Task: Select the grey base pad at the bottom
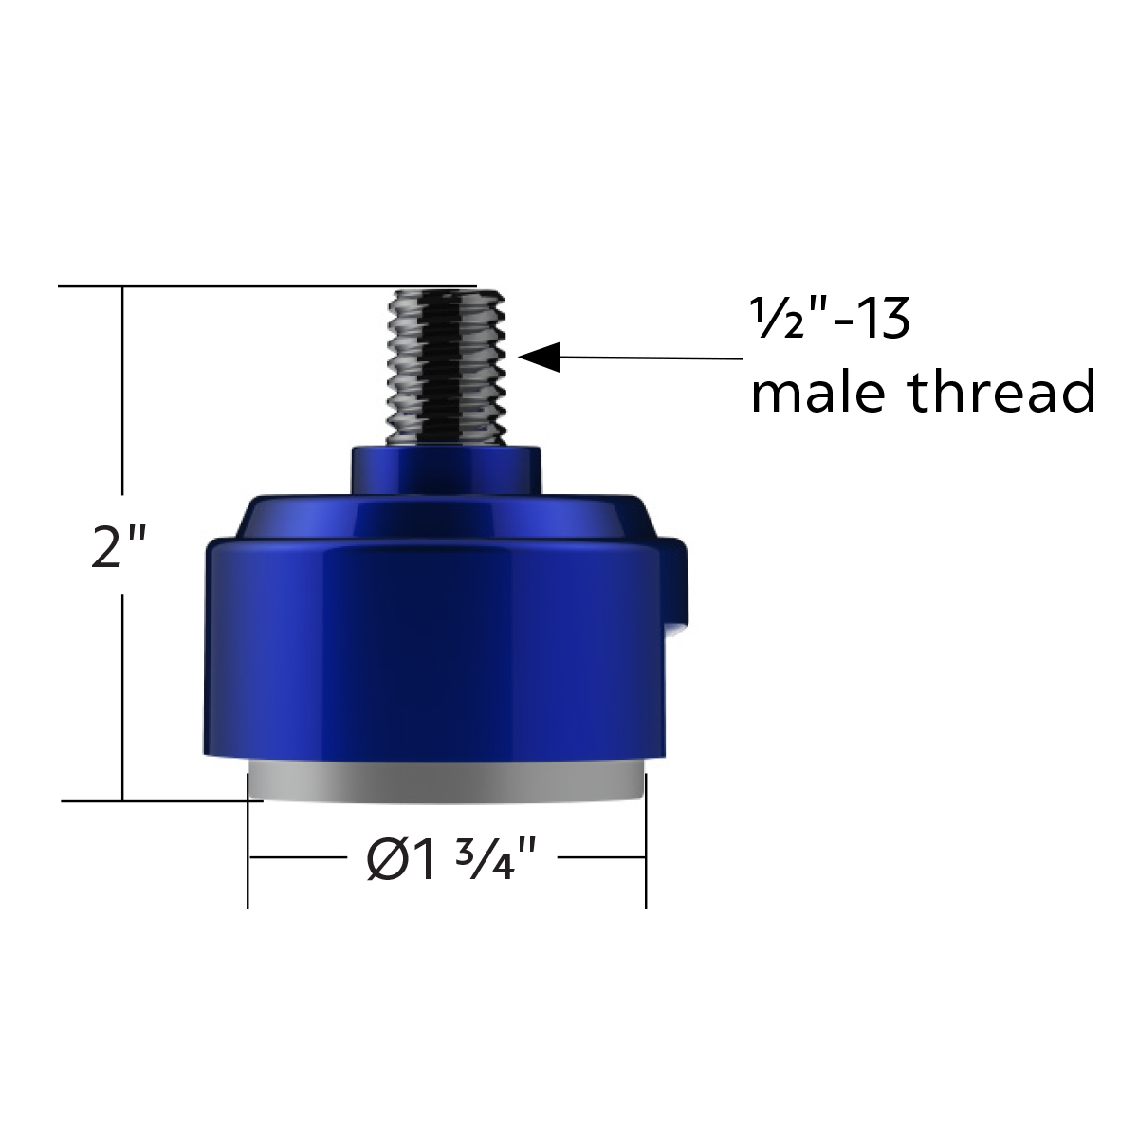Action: tap(447, 783)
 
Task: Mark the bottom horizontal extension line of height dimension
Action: tap(161, 801)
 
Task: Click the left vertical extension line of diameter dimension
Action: tap(248, 853)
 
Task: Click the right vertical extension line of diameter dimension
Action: tap(646, 853)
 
